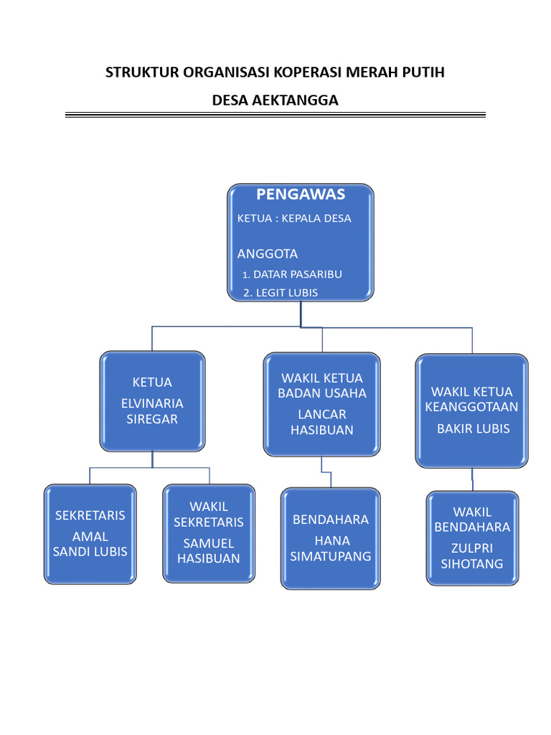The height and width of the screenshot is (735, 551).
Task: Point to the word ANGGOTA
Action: click(268, 254)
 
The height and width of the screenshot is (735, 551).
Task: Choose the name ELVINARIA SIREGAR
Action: click(152, 411)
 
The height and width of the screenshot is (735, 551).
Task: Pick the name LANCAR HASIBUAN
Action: click(322, 422)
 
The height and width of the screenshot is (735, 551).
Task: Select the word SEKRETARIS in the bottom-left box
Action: click(90, 515)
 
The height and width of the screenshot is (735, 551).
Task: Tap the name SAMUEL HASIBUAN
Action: click(209, 551)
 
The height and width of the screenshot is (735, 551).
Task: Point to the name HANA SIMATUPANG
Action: click(331, 548)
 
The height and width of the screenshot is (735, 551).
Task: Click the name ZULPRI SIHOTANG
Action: click(472, 556)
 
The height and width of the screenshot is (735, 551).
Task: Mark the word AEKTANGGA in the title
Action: click(295, 100)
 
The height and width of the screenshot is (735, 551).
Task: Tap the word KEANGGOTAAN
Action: click(471, 407)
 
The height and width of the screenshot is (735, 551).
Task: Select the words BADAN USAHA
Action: click(322, 393)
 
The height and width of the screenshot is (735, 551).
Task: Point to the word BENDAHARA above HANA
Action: click(331, 520)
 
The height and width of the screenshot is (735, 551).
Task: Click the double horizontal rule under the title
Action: click(275, 115)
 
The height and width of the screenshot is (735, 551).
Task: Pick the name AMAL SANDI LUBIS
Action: click(90, 544)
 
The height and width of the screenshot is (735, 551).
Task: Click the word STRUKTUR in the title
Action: click(141, 72)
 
